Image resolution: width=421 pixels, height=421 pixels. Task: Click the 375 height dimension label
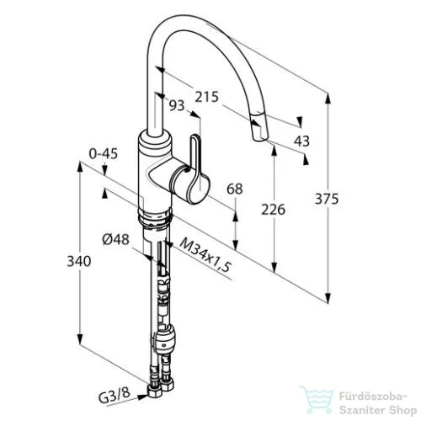point(327,199)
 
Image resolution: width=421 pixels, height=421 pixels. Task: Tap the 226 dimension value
point(273,210)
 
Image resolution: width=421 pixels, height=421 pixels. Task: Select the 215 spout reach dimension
point(206,97)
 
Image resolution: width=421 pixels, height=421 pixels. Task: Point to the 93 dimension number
point(177,105)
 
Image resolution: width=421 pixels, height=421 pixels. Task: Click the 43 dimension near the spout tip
point(301,141)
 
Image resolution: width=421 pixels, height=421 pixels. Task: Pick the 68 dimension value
point(235,189)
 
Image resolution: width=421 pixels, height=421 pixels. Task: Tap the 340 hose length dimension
point(79,261)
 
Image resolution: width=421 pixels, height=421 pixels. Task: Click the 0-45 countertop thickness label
point(104,154)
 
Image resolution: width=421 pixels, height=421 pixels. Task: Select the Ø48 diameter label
point(115,239)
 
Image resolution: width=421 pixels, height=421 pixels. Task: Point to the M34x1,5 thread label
point(205,254)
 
